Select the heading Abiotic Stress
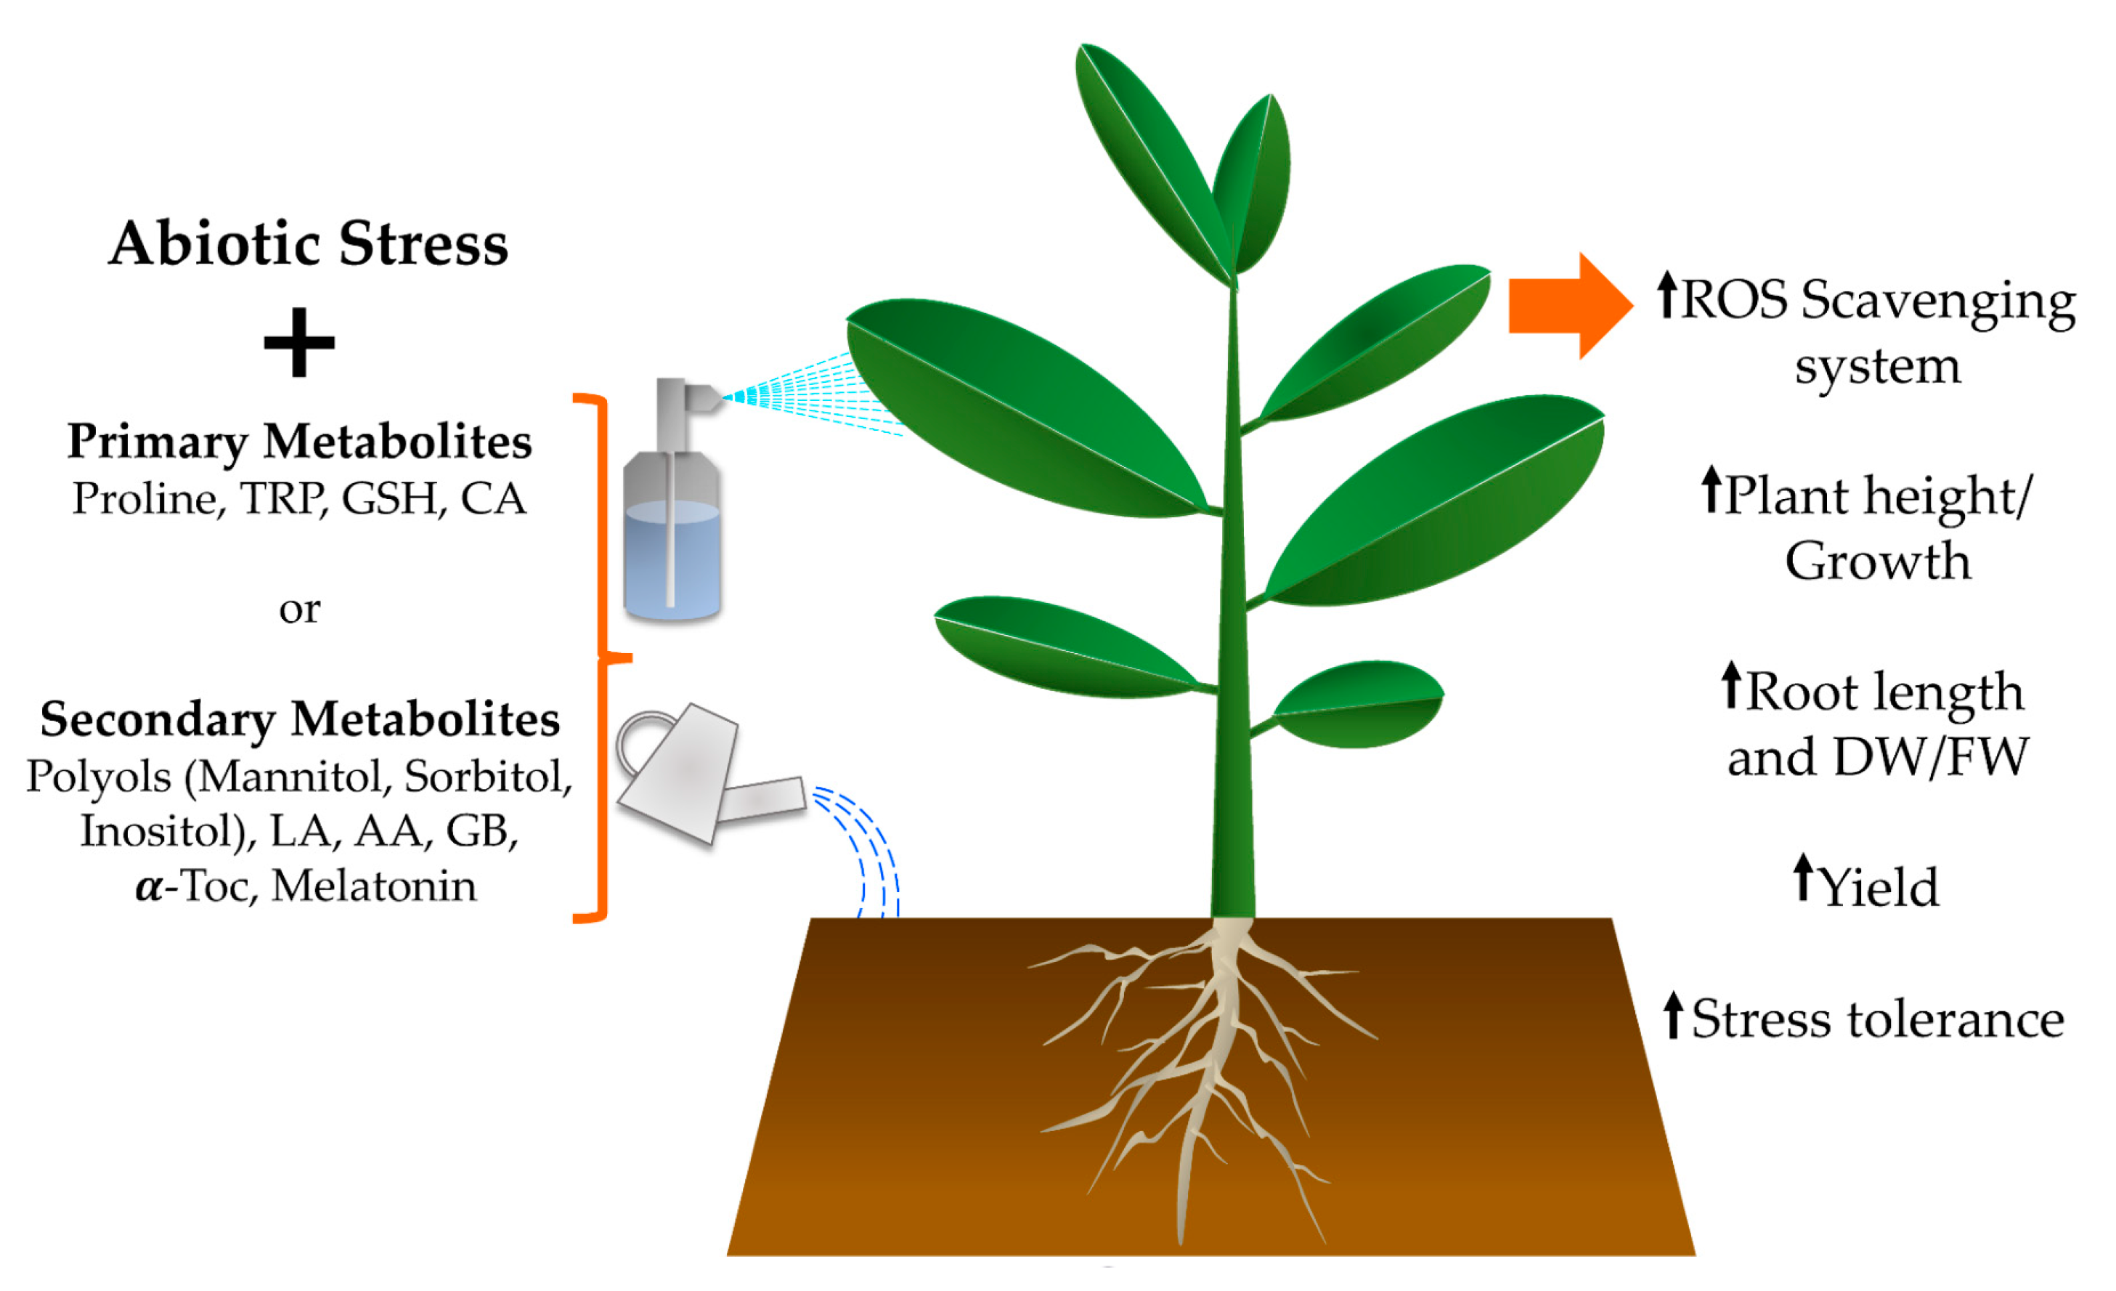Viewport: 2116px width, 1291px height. click(309, 244)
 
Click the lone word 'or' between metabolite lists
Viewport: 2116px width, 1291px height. click(300, 610)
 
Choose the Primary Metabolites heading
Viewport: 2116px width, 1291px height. click(300, 442)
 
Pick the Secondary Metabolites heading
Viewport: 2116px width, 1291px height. click(300, 719)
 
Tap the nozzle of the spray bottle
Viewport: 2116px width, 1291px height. click(704, 397)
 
